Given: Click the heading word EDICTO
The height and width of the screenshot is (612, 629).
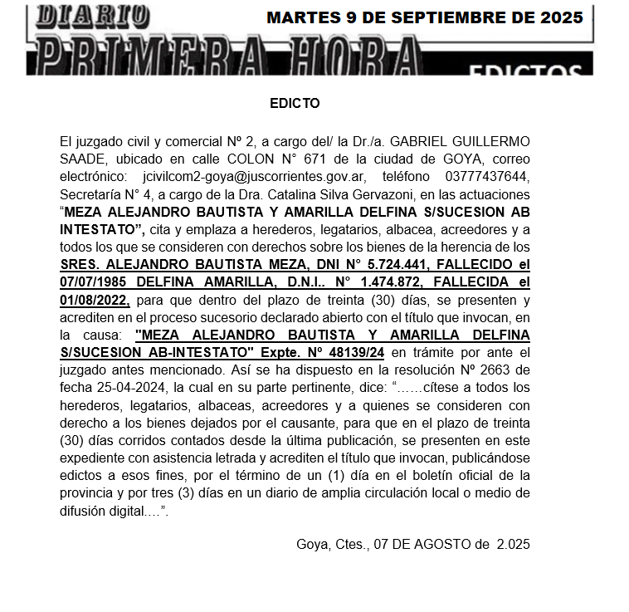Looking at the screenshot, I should (x=295, y=104).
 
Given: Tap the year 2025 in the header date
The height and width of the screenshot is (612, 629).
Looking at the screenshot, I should (x=558, y=17).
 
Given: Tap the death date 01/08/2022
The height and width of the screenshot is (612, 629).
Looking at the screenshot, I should (x=95, y=301).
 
